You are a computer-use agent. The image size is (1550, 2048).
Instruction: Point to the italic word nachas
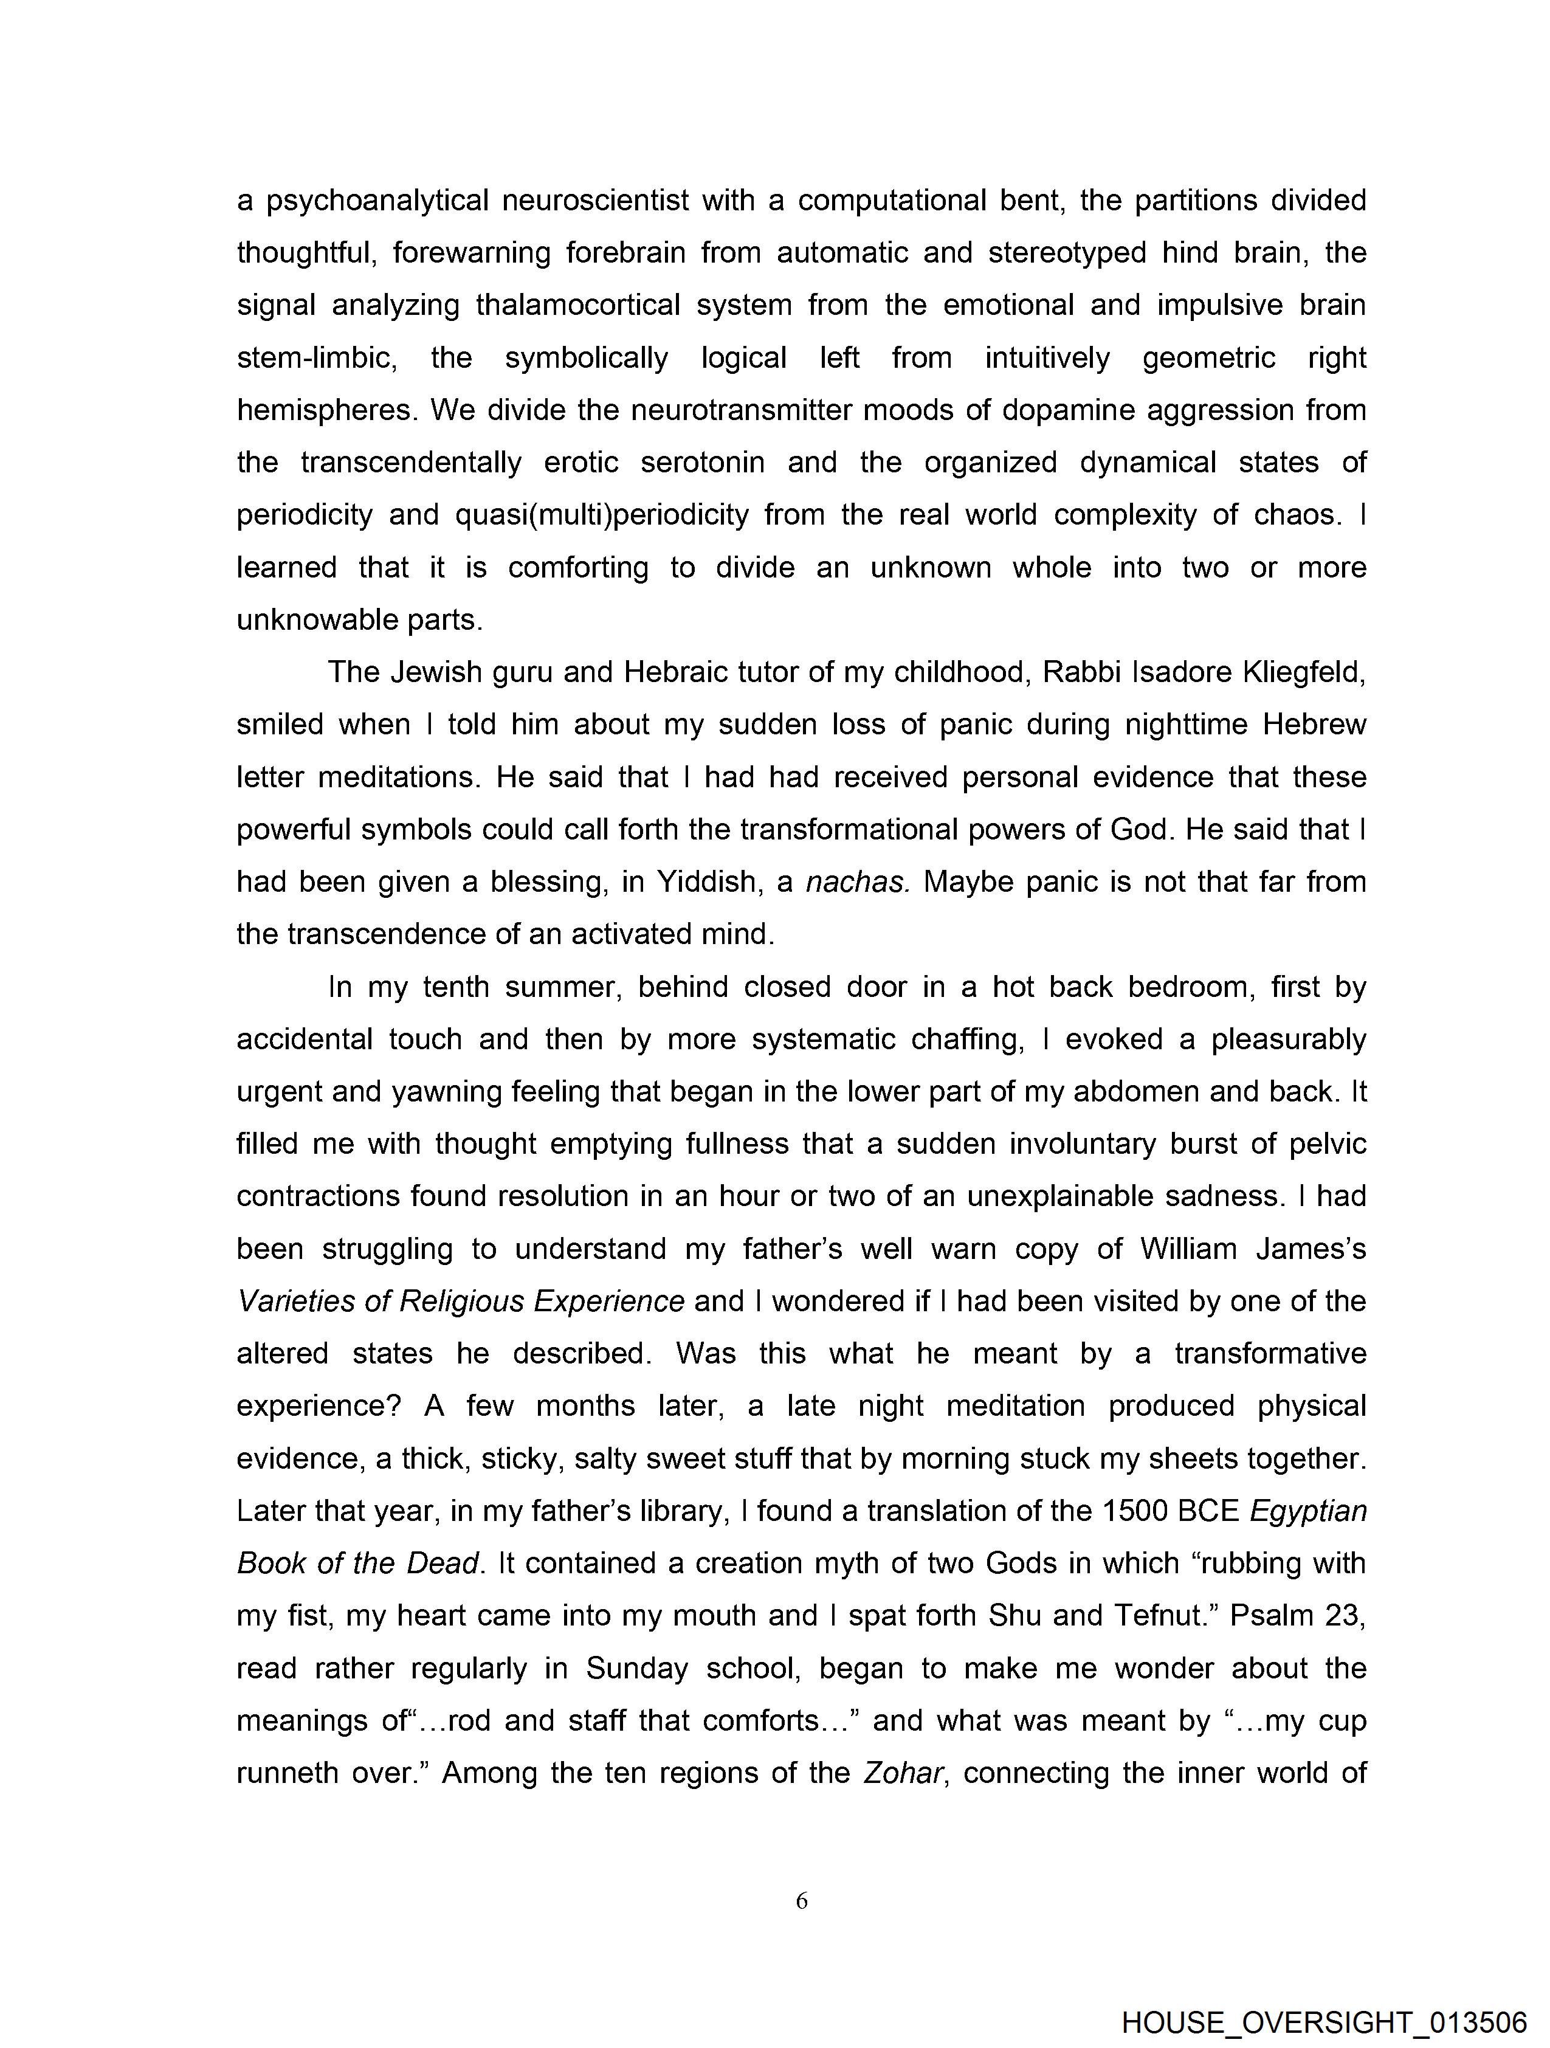[858, 881]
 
